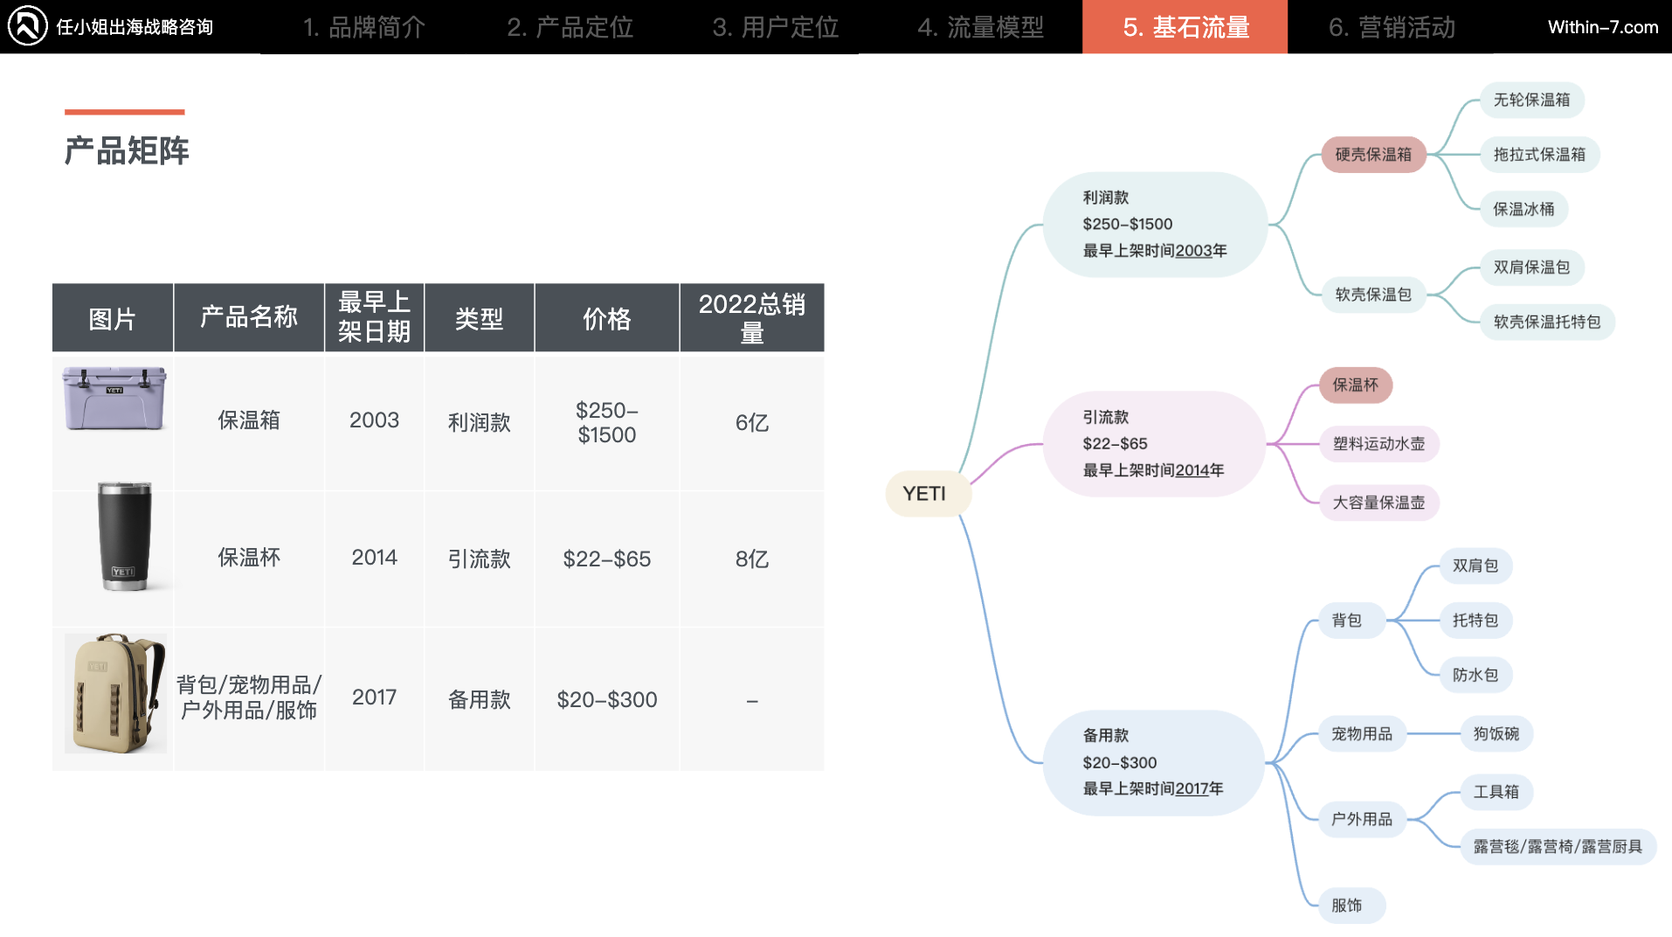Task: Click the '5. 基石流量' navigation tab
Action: coord(1185,27)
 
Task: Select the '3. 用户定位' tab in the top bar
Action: coord(775,27)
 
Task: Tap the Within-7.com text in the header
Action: coord(1602,27)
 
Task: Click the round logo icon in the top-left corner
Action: coord(27,25)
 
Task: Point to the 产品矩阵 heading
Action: coord(127,150)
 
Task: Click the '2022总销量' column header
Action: coord(751,317)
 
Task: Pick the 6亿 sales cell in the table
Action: coord(751,423)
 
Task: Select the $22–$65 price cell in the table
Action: coord(606,559)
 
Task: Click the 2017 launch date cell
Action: coord(374,697)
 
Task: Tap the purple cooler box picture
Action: coord(114,398)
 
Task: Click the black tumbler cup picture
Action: coord(123,536)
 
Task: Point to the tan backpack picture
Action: coord(115,693)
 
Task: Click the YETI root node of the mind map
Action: coord(924,494)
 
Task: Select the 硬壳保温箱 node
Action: coord(1372,155)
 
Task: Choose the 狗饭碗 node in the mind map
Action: coord(1496,733)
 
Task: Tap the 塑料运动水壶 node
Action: coord(1378,444)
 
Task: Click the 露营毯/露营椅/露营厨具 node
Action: coord(1558,846)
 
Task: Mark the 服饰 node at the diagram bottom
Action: coord(1346,906)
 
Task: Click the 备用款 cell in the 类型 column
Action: coord(479,699)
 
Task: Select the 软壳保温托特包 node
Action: coord(1546,322)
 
